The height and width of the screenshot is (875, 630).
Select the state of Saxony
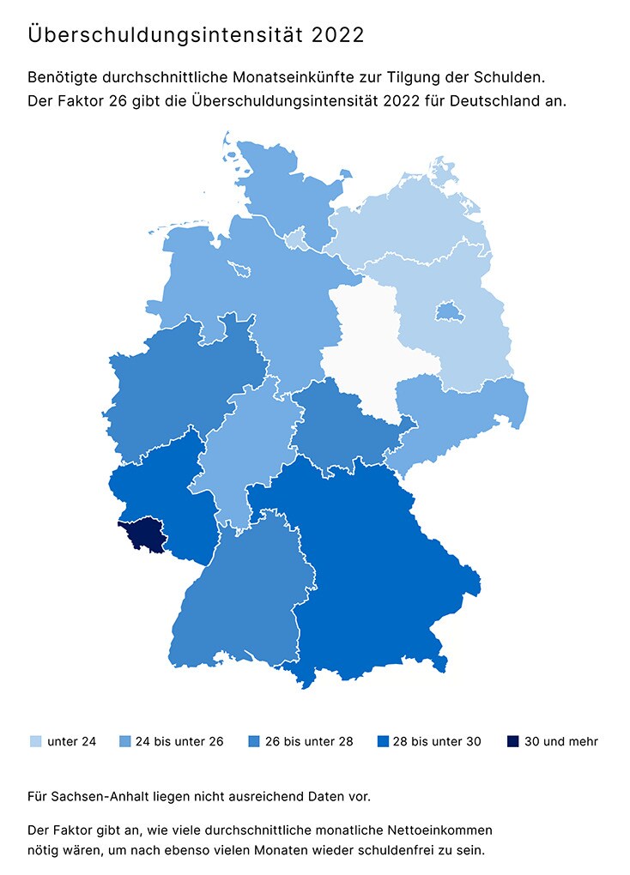tap(463, 412)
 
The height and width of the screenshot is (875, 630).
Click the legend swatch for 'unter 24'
tap(35, 741)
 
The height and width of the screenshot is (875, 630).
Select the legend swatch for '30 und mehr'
tap(512, 741)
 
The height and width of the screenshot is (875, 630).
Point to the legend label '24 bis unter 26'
tap(179, 741)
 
